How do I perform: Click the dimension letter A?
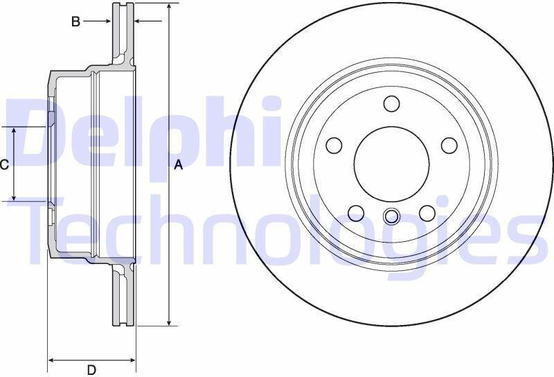pos(179,164)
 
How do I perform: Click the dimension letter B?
pos(75,21)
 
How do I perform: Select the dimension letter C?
pos(4,164)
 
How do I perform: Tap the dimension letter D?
pos(91,370)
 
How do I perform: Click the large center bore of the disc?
pos(391,164)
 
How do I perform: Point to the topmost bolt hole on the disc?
pos(391,103)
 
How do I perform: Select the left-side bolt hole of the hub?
pos(334,146)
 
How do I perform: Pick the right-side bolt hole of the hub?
pos(449,146)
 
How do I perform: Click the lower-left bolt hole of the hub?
pos(356,213)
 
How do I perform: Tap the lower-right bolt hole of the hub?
pos(427,213)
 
